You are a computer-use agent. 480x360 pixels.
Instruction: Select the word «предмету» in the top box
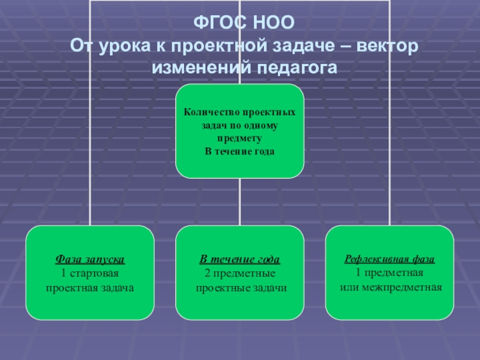pos(239,139)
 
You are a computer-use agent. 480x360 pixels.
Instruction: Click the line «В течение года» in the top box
pos(239,152)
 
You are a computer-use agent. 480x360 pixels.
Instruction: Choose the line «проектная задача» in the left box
pos(89,287)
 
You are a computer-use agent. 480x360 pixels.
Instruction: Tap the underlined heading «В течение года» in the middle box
pos(240,260)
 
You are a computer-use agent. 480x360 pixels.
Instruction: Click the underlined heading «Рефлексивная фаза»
pos(389,260)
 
